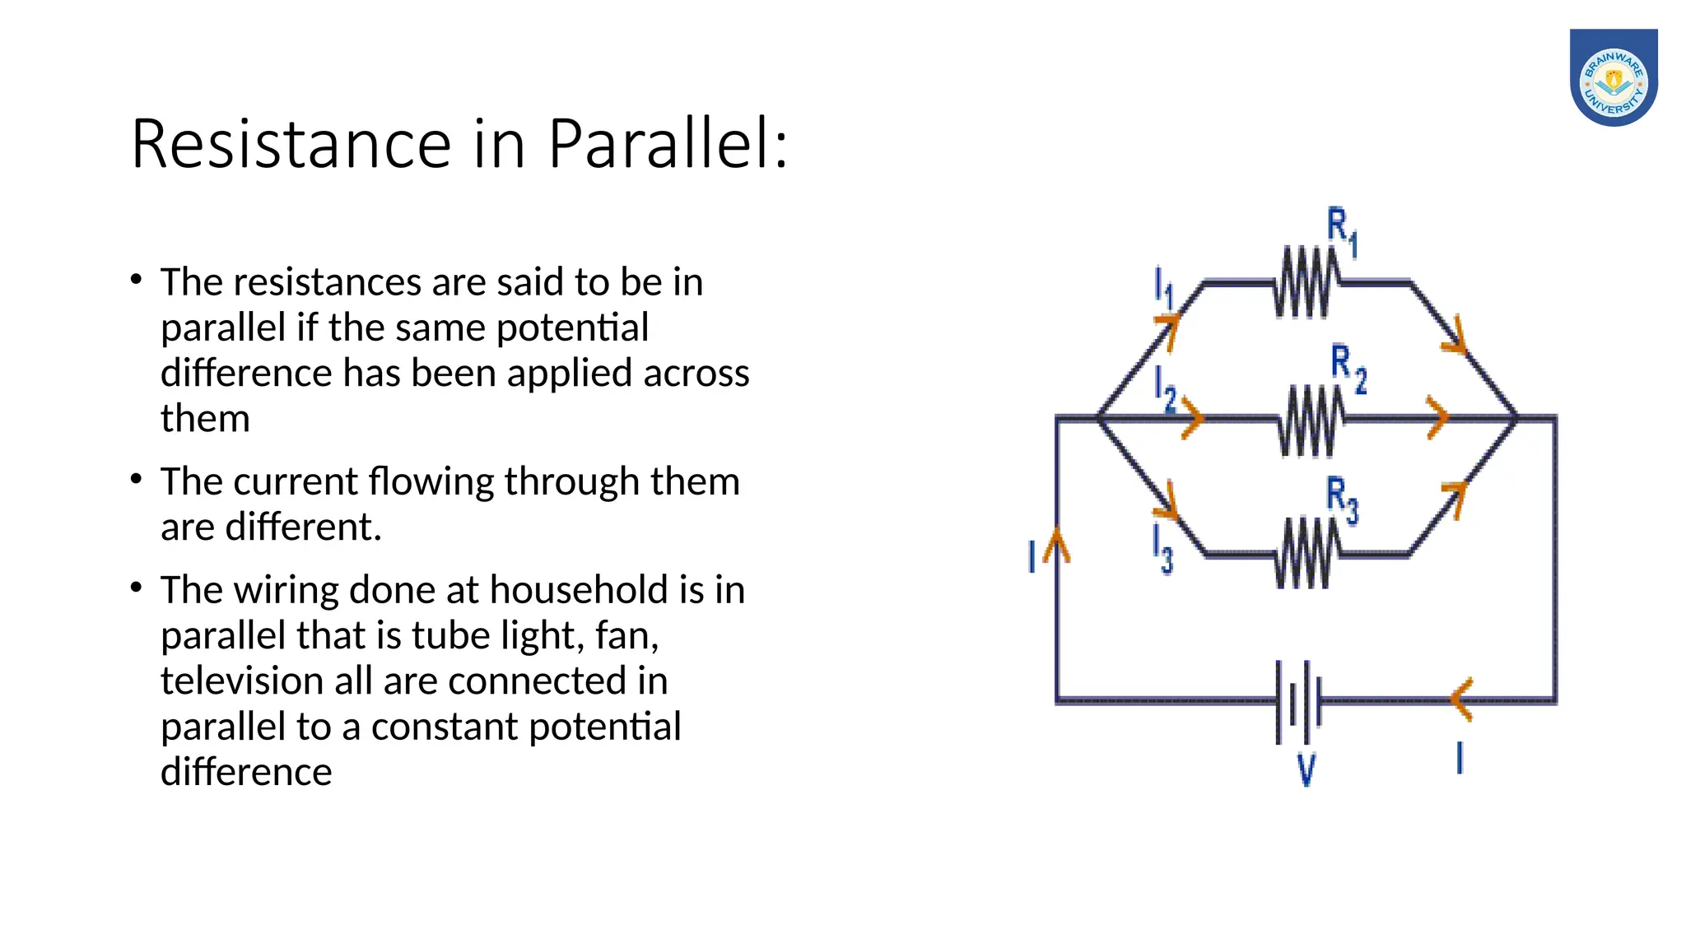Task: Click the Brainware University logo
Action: point(1613,77)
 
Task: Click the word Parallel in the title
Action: point(668,144)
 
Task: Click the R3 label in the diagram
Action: point(1341,500)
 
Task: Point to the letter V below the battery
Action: point(1306,770)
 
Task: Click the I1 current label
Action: point(1162,287)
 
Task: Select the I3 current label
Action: point(1162,548)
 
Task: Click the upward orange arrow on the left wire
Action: point(1057,546)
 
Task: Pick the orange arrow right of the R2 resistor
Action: point(1437,417)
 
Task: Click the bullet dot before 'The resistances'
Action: point(137,280)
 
